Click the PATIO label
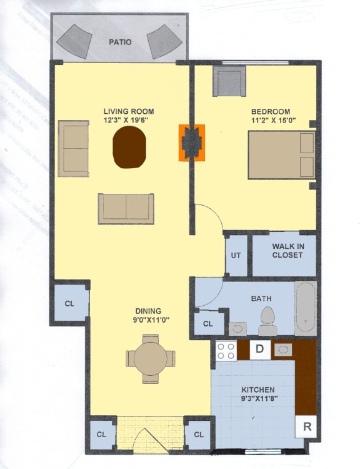click(x=120, y=43)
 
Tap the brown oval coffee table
click(x=129, y=147)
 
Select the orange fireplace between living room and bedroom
click(x=192, y=143)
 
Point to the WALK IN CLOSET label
click(x=287, y=251)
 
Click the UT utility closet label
click(x=236, y=255)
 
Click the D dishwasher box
click(x=260, y=349)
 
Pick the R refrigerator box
click(x=306, y=427)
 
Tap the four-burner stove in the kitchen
click(x=226, y=350)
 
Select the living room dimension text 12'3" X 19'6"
click(x=129, y=120)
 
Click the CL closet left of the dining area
click(x=69, y=304)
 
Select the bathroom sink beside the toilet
click(x=237, y=327)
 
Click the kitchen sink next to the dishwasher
click(x=283, y=349)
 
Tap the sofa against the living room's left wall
click(x=74, y=148)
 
